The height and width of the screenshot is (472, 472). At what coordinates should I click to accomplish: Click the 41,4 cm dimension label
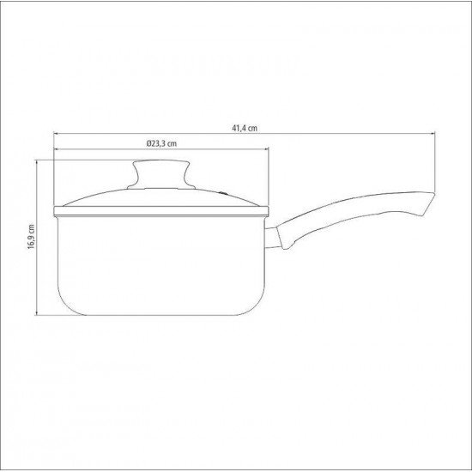click(x=245, y=128)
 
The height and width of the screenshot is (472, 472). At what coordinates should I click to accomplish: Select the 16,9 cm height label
click(x=31, y=237)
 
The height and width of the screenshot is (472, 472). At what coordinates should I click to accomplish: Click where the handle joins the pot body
click(x=274, y=239)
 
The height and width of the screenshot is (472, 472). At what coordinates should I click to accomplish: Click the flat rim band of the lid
click(x=163, y=210)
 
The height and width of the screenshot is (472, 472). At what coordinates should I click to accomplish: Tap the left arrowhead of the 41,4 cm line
click(x=56, y=134)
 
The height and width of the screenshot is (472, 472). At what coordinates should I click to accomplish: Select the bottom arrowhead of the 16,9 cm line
click(x=38, y=312)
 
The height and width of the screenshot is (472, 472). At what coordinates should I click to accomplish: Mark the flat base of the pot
click(x=163, y=313)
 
